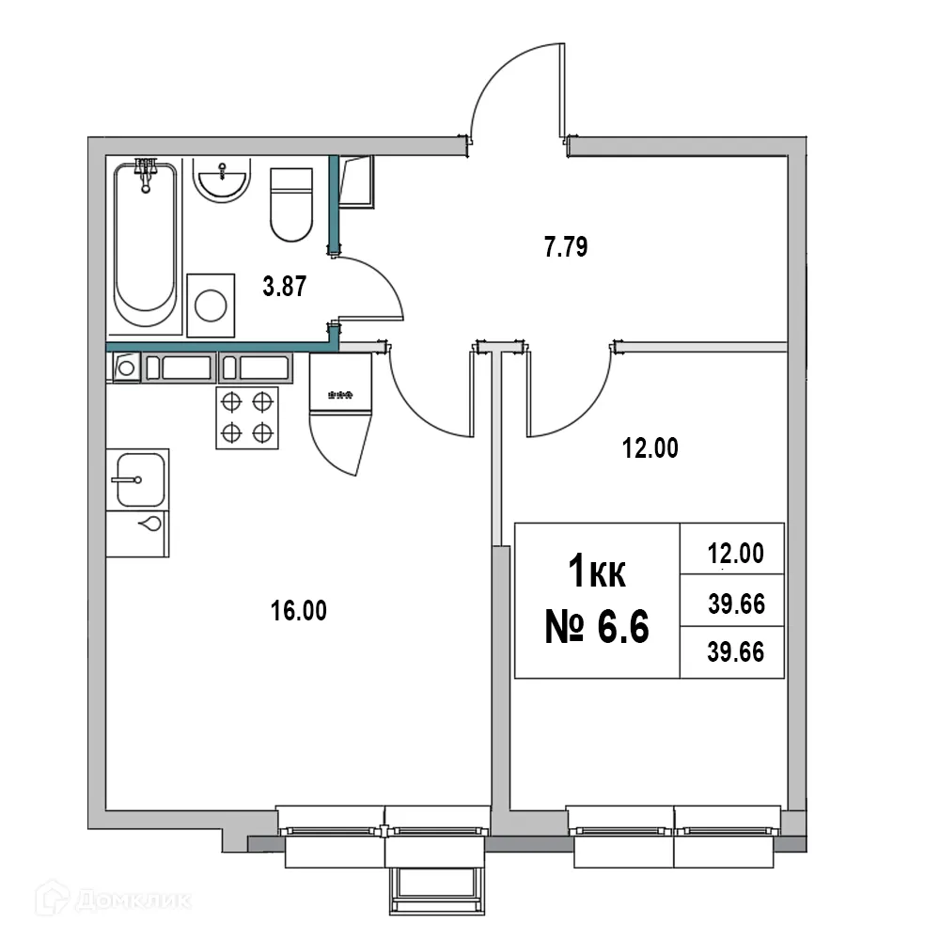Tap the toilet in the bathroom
pos(290,203)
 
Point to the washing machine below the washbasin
pos(210,305)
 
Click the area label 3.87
pos(283,288)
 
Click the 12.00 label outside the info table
pos(650,449)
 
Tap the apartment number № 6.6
pos(597,626)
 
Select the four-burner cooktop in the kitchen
pos(248,417)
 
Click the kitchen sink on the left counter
pos(137,479)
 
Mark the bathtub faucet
pos(145,173)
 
